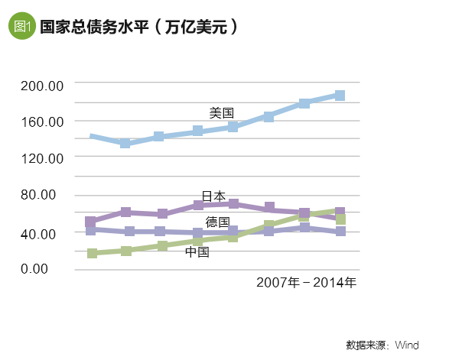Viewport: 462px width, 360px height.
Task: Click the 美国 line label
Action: [x=221, y=113]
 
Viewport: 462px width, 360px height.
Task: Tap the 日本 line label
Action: [x=213, y=196]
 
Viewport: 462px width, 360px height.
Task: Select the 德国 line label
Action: [x=218, y=222]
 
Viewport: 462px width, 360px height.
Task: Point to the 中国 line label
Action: [x=197, y=251]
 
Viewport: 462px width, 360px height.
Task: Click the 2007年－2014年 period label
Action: [x=306, y=283]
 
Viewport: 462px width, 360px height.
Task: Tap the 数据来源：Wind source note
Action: [x=382, y=345]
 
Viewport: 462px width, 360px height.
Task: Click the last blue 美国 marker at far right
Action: [x=340, y=96]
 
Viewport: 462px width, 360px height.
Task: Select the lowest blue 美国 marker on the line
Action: [x=125, y=143]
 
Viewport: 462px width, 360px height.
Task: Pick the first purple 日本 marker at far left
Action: [x=91, y=222]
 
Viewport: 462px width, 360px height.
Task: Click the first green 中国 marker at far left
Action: [x=92, y=253]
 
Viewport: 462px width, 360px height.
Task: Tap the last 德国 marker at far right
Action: [x=340, y=231]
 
